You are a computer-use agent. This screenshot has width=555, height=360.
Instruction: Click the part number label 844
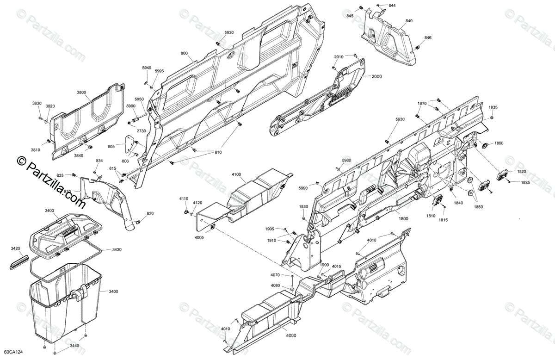[x=392, y=5]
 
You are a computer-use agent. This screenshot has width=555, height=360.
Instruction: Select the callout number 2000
[x=376, y=76]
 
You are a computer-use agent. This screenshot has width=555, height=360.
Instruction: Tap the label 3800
[x=81, y=92]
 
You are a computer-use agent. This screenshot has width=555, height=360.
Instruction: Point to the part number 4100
[x=236, y=174]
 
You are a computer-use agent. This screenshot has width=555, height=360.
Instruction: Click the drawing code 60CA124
[x=13, y=353]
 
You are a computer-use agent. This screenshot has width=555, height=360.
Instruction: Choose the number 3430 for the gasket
[x=117, y=249]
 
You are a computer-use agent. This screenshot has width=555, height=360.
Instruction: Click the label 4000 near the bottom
[x=291, y=335]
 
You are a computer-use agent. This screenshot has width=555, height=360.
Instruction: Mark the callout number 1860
[x=499, y=143]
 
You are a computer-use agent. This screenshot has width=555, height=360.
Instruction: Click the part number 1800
[x=403, y=219]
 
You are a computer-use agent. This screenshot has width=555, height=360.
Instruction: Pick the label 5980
[x=347, y=160]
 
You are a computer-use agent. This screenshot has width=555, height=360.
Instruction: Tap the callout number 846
[x=428, y=37]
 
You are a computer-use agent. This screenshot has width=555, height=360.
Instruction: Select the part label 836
[x=150, y=213]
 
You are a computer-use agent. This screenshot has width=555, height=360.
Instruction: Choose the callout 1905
[x=270, y=229]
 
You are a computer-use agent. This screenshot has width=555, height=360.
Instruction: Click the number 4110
[x=184, y=199]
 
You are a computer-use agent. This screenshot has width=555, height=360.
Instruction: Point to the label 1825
[x=525, y=182]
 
